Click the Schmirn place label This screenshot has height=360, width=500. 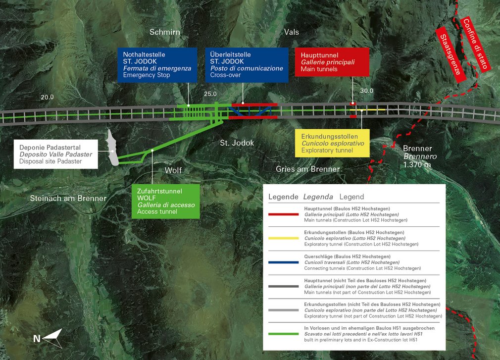point(164,33)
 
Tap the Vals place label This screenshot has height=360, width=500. point(292,33)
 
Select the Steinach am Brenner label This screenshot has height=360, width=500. point(68,199)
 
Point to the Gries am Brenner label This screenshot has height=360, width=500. point(308,169)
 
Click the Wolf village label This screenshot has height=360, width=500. point(173,170)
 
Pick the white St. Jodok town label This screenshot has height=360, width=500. point(237,143)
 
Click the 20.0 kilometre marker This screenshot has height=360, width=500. point(48,97)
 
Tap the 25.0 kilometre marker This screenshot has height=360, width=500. point(211,94)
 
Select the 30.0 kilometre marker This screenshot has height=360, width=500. point(367,91)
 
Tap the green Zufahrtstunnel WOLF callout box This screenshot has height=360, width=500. point(165,201)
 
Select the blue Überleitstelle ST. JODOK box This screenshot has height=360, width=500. point(247,64)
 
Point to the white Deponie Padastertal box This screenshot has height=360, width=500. point(55,154)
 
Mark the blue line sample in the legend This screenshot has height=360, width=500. point(283,262)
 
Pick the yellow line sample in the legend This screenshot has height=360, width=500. point(283,238)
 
